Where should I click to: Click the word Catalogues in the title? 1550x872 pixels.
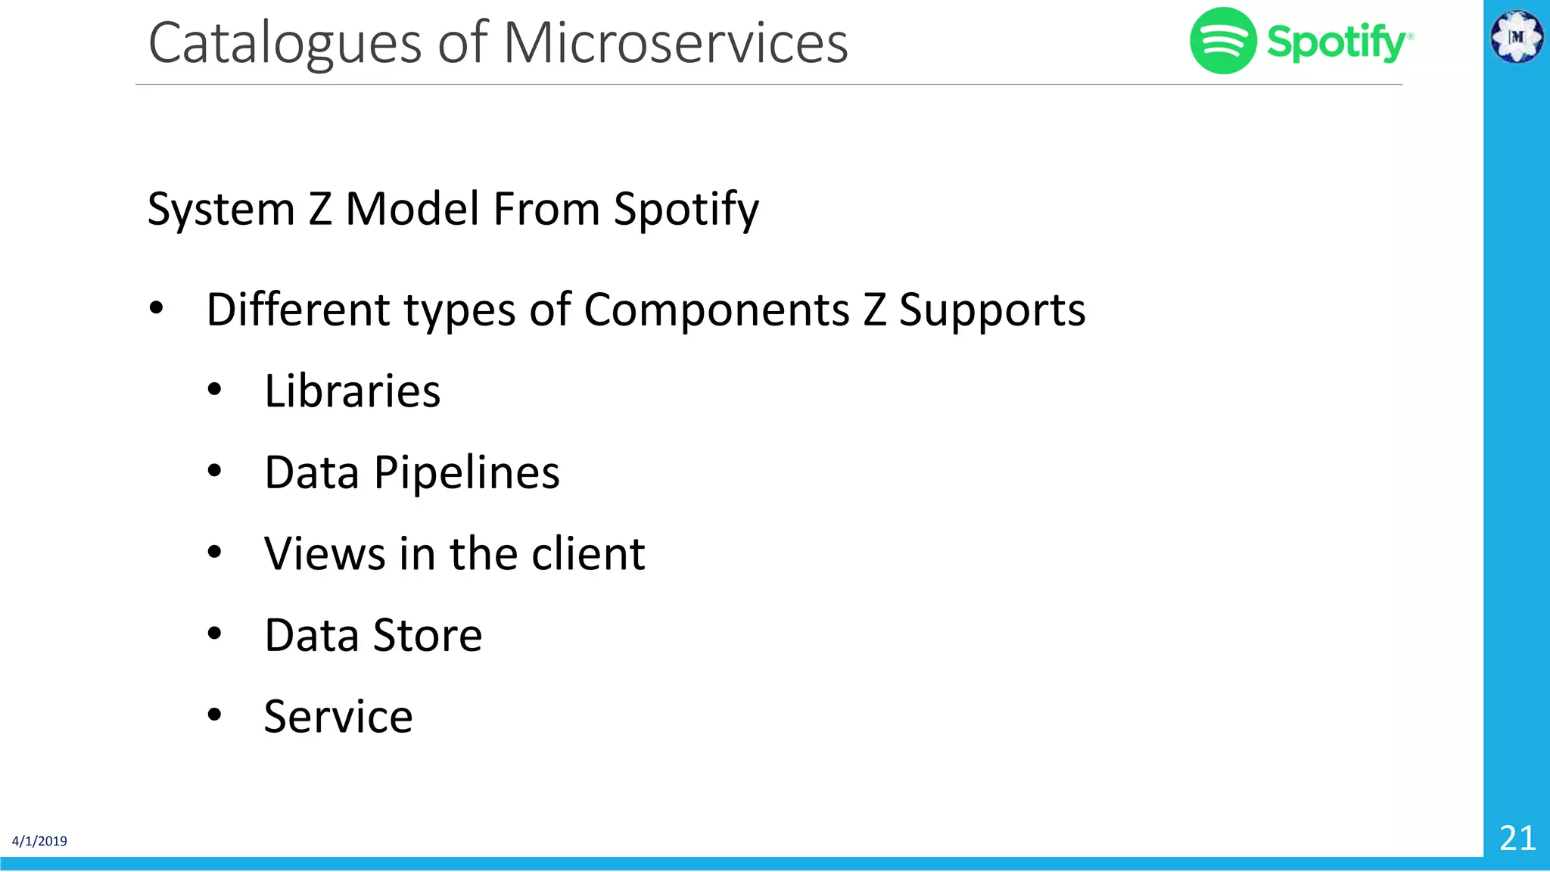(x=285, y=44)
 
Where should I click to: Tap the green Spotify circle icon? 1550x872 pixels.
(x=1223, y=41)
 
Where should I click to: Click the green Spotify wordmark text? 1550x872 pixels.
(x=1337, y=42)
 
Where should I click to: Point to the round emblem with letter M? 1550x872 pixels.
(x=1517, y=36)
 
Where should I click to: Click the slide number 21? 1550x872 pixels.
(x=1517, y=838)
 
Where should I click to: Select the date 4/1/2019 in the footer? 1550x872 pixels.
(x=39, y=841)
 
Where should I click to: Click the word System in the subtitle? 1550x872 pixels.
(x=221, y=210)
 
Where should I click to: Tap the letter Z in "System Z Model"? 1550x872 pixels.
(x=320, y=210)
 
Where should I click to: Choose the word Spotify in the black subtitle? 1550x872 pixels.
(x=686, y=210)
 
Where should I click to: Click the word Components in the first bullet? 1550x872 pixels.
(x=717, y=310)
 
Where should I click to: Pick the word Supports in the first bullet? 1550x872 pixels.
(x=991, y=310)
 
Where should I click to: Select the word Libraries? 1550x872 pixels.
(x=352, y=391)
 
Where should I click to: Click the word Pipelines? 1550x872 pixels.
(x=466, y=473)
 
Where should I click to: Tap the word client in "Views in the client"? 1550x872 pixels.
(x=588, y=553)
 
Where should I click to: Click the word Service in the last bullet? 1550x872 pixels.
(x=338, y=716)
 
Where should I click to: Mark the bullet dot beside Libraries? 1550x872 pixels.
(x=215, y=391)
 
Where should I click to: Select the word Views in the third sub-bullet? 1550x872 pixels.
(x=325, y=553)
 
